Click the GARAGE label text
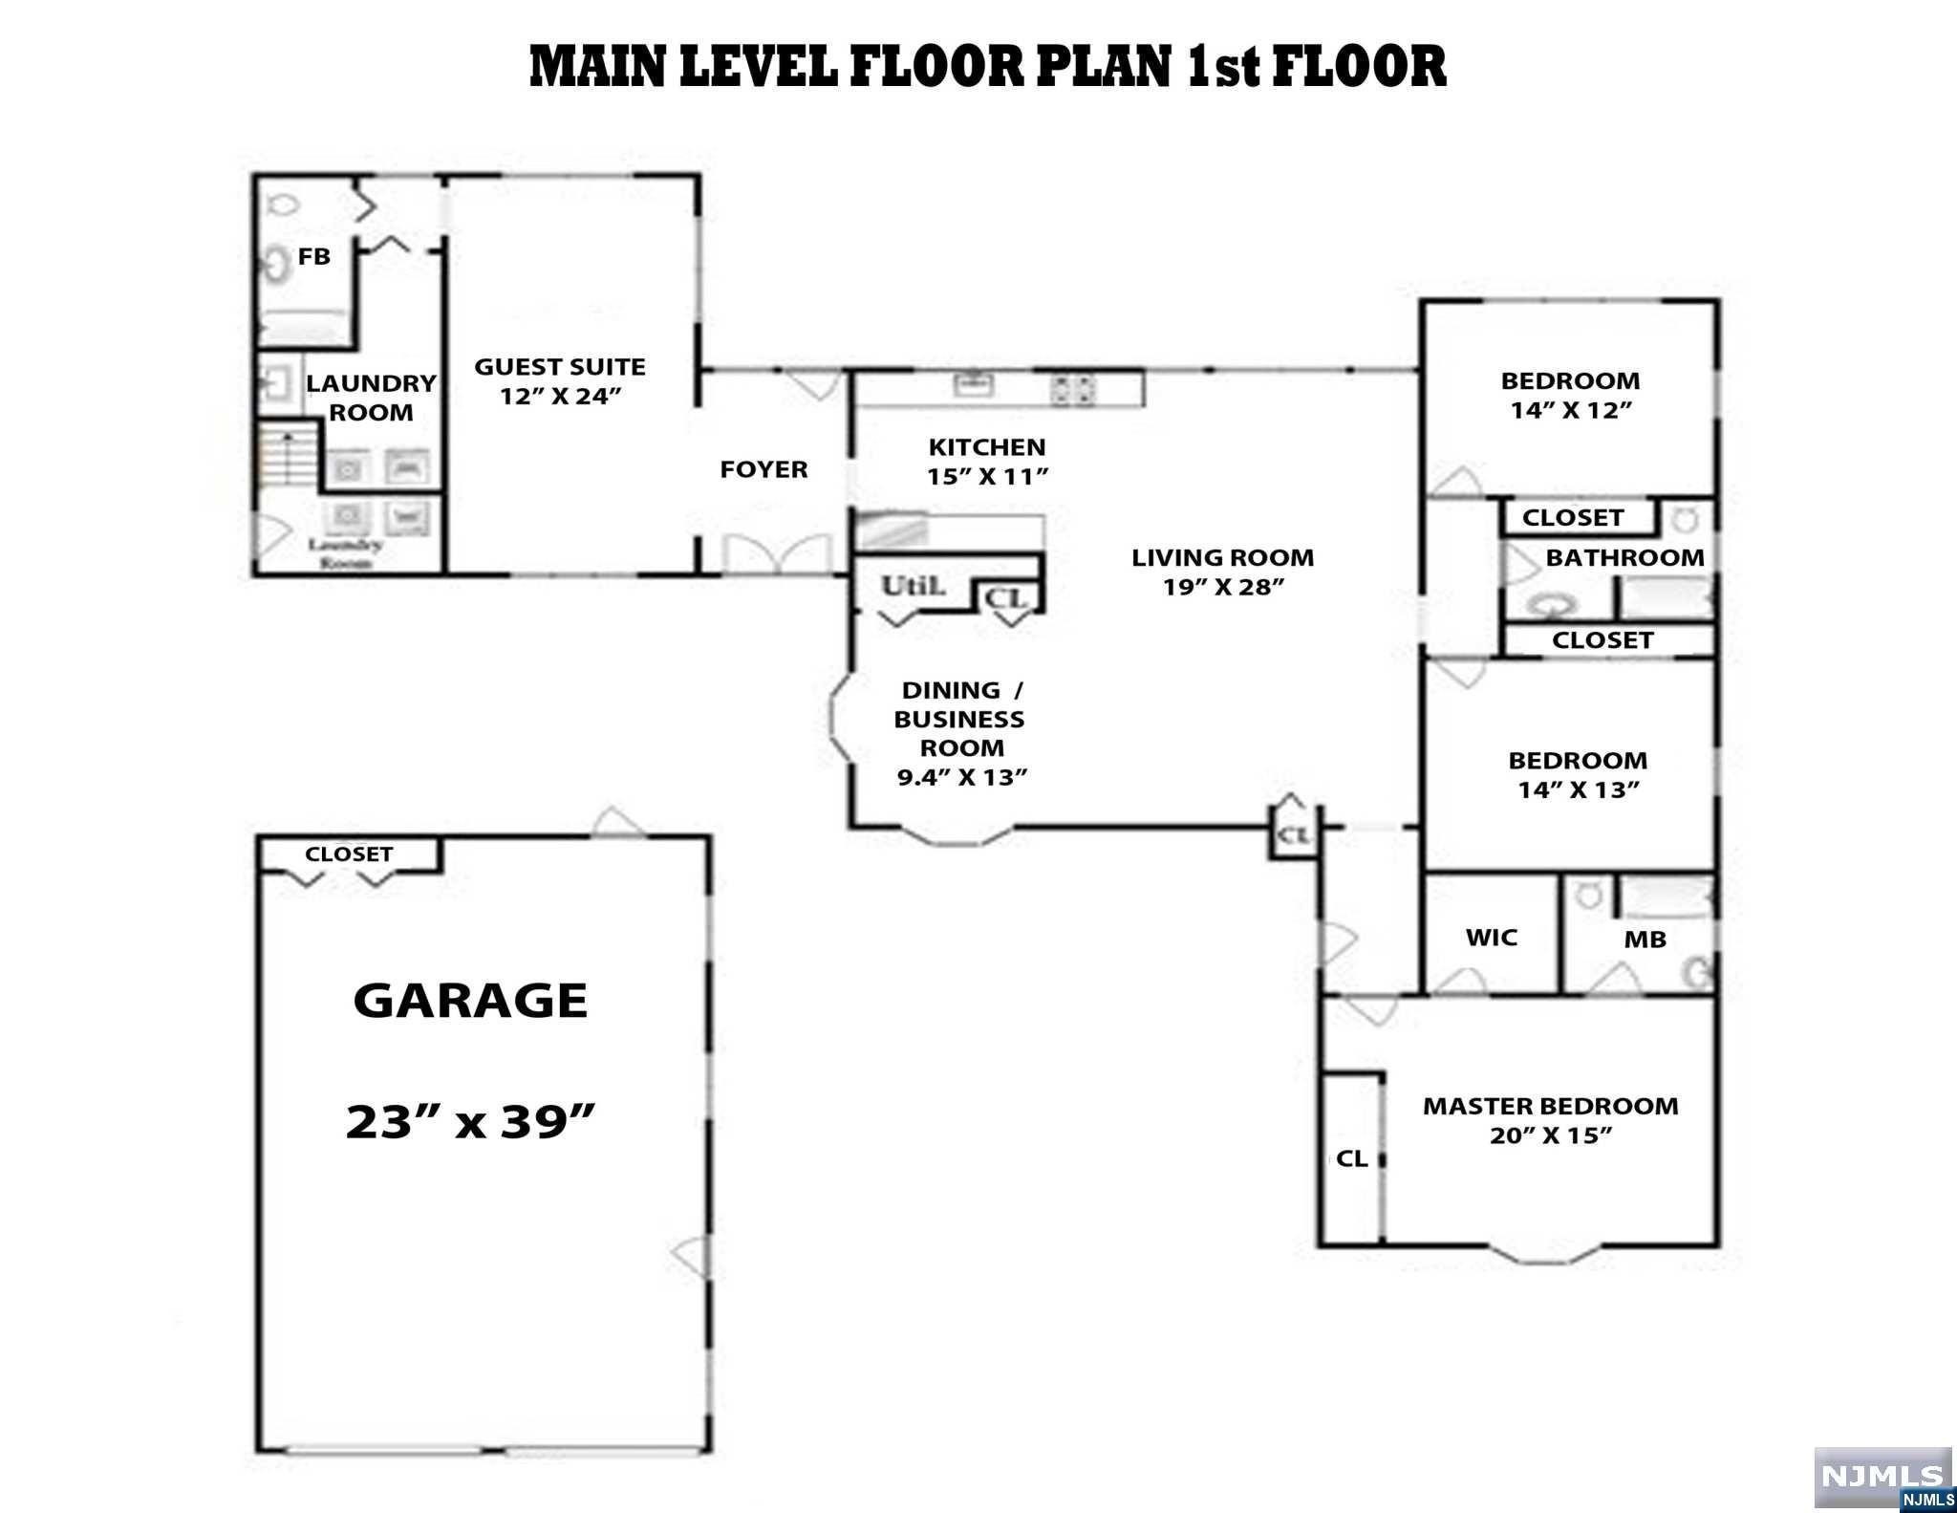click(470, 1001)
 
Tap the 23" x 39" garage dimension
click(470, 1120)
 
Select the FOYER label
click(763, 469)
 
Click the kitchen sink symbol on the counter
click(974, 386)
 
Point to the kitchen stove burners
click(1072, 389)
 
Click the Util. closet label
click(913, 586)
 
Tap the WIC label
click(1491, 938)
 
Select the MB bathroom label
click(1645, 940)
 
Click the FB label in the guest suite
click(313, 256)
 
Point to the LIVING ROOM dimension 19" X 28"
click(1222, 587)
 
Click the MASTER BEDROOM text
click(1550, 1106)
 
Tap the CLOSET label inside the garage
click(349, 854)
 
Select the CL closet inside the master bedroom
click(1351, 1158)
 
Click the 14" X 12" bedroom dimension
click(1570, 410)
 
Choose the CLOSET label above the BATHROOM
click(1572, 518)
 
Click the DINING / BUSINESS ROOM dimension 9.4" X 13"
click(961, 777)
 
